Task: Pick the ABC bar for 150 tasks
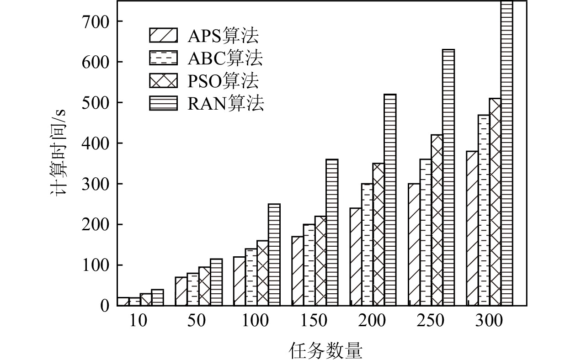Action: click(309, 265)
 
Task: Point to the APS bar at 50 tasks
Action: click(181, 291)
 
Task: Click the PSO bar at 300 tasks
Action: click(495, 201)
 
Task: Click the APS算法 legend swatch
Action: click(163, 35)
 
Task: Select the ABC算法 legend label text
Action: click(225, 58)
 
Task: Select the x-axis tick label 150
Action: click(315, 321)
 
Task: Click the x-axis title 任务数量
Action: click(325, 350)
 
